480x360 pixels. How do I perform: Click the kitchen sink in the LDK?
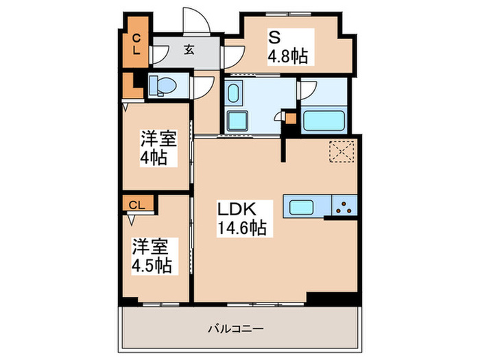pyautogui.click(x=303, y=206)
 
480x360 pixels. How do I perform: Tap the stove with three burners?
pyautogui.click(x=345, y=206)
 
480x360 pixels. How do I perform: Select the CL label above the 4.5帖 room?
pyautogui.click(x=137, y=204)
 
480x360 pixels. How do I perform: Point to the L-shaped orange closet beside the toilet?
pyautogui.click(x=129, y=86)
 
